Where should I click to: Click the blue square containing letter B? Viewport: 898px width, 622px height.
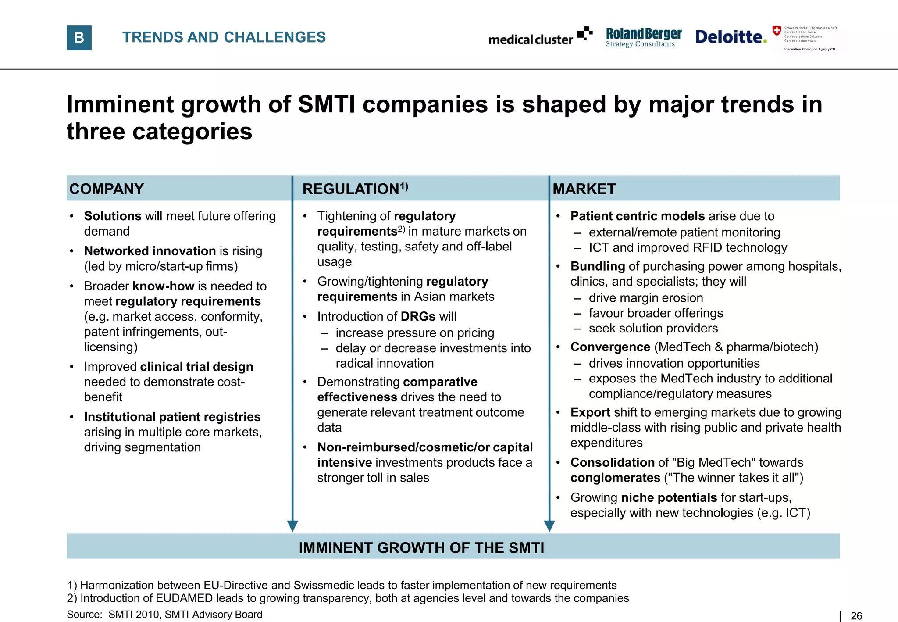tap(79, 38)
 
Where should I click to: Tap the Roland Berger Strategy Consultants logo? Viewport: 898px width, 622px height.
tap(643, 37)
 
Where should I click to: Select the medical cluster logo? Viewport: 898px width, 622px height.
tap(540, 37)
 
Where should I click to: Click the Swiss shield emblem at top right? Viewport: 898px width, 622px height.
tap(777, 31)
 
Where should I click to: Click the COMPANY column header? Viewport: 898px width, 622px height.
tap(107, 189)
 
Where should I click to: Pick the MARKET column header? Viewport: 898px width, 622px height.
tap(584, 189)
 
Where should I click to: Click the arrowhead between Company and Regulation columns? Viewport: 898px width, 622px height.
tap(292, 525)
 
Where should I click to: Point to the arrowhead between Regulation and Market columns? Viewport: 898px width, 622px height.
tap(549, 525)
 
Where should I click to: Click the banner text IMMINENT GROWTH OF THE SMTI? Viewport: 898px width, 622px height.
tap(421, 548)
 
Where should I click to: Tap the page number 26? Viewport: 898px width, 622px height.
tap(856, 616)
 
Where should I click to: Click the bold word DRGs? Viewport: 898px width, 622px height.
tap(418, 316)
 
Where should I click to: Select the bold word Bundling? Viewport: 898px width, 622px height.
tap(598, 266)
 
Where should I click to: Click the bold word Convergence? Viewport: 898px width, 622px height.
tap(610, 347)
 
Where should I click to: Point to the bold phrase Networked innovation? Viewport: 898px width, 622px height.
tap(150, 251)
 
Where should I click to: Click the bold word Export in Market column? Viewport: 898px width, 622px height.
tap(590, 412)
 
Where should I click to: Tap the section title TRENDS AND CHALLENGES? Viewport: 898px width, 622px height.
tap(224, 37)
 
